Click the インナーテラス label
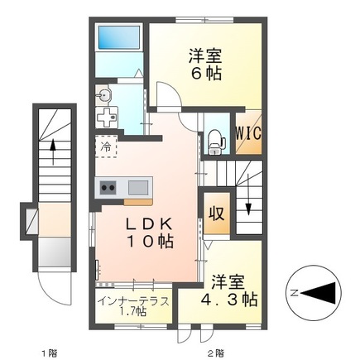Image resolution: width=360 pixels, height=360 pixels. click(132, 300)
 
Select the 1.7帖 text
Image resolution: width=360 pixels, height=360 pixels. click(133, 312)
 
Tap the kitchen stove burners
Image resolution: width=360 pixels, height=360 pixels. click(108, 186)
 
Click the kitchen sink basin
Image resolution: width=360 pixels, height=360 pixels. click(137, 186)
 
